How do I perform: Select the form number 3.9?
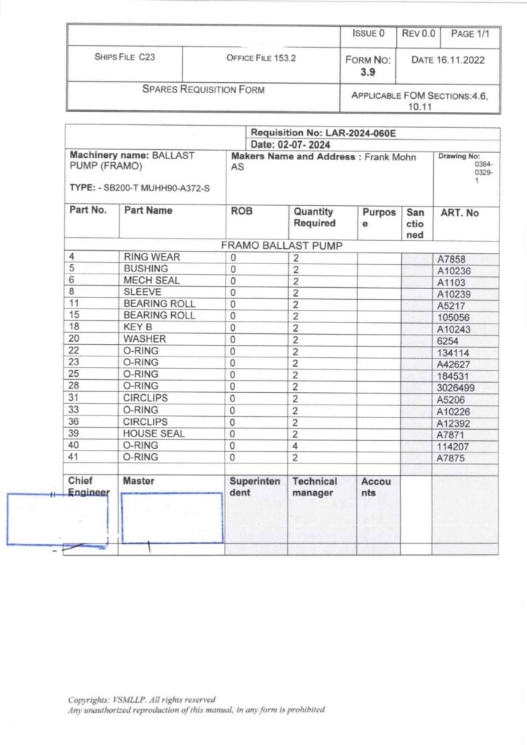(x=368, y=72)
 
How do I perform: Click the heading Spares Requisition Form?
(x=203, y=90)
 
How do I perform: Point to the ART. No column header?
(x=460, y=212)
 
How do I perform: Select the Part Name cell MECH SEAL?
(x=151, y=280)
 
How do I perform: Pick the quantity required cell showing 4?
(x=296, y=445)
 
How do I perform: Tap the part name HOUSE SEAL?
(x=154, y=434)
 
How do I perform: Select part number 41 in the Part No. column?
(x=74, y=457)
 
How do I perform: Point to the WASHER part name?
(x=145, y=339)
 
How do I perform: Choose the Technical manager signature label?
(x=314, y=487)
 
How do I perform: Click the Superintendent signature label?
(x=255, y=487)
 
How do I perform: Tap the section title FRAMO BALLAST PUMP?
(x=281, y=245)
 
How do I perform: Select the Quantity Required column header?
(x=314, y=218)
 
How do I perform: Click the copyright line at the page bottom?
(x=142, y=700)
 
